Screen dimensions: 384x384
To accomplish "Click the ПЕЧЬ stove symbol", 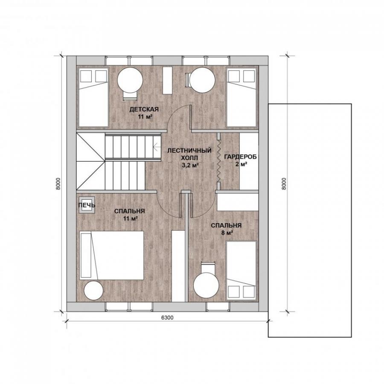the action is click(x=87, y=205).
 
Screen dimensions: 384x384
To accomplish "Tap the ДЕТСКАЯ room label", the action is click(x=144, y=109).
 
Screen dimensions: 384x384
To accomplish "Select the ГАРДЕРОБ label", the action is click(x=241, y=157).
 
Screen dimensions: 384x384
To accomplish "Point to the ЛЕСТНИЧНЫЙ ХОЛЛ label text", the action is click(x=189, y=154).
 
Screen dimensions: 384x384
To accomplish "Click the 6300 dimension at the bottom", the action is click(x=167, y=317).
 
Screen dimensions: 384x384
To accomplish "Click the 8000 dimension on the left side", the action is click(x=58, y=183).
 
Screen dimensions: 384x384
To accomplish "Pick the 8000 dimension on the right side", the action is click(x=284, y=183).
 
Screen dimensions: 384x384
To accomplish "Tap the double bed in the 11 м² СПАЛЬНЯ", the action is click(x=112, y=255).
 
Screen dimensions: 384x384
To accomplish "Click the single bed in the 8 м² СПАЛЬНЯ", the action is click(x=241, y=271).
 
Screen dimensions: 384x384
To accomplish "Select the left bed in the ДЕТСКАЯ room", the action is click(x=93, y=97).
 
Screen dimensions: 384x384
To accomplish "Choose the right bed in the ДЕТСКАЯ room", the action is click(x=241, y=97).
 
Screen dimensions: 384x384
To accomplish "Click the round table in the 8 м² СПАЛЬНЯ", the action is click(x=206, y=285).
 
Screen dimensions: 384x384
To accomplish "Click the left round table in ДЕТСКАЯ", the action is click(x=130, y=80).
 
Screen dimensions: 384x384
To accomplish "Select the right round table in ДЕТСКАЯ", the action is click(x=202, y=80).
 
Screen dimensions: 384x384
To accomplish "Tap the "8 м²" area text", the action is click(x=227, y=233).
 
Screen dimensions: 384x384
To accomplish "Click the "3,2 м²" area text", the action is click(x=190, y=165).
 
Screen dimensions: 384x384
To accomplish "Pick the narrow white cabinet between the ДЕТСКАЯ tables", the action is click(x=167, y=80).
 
